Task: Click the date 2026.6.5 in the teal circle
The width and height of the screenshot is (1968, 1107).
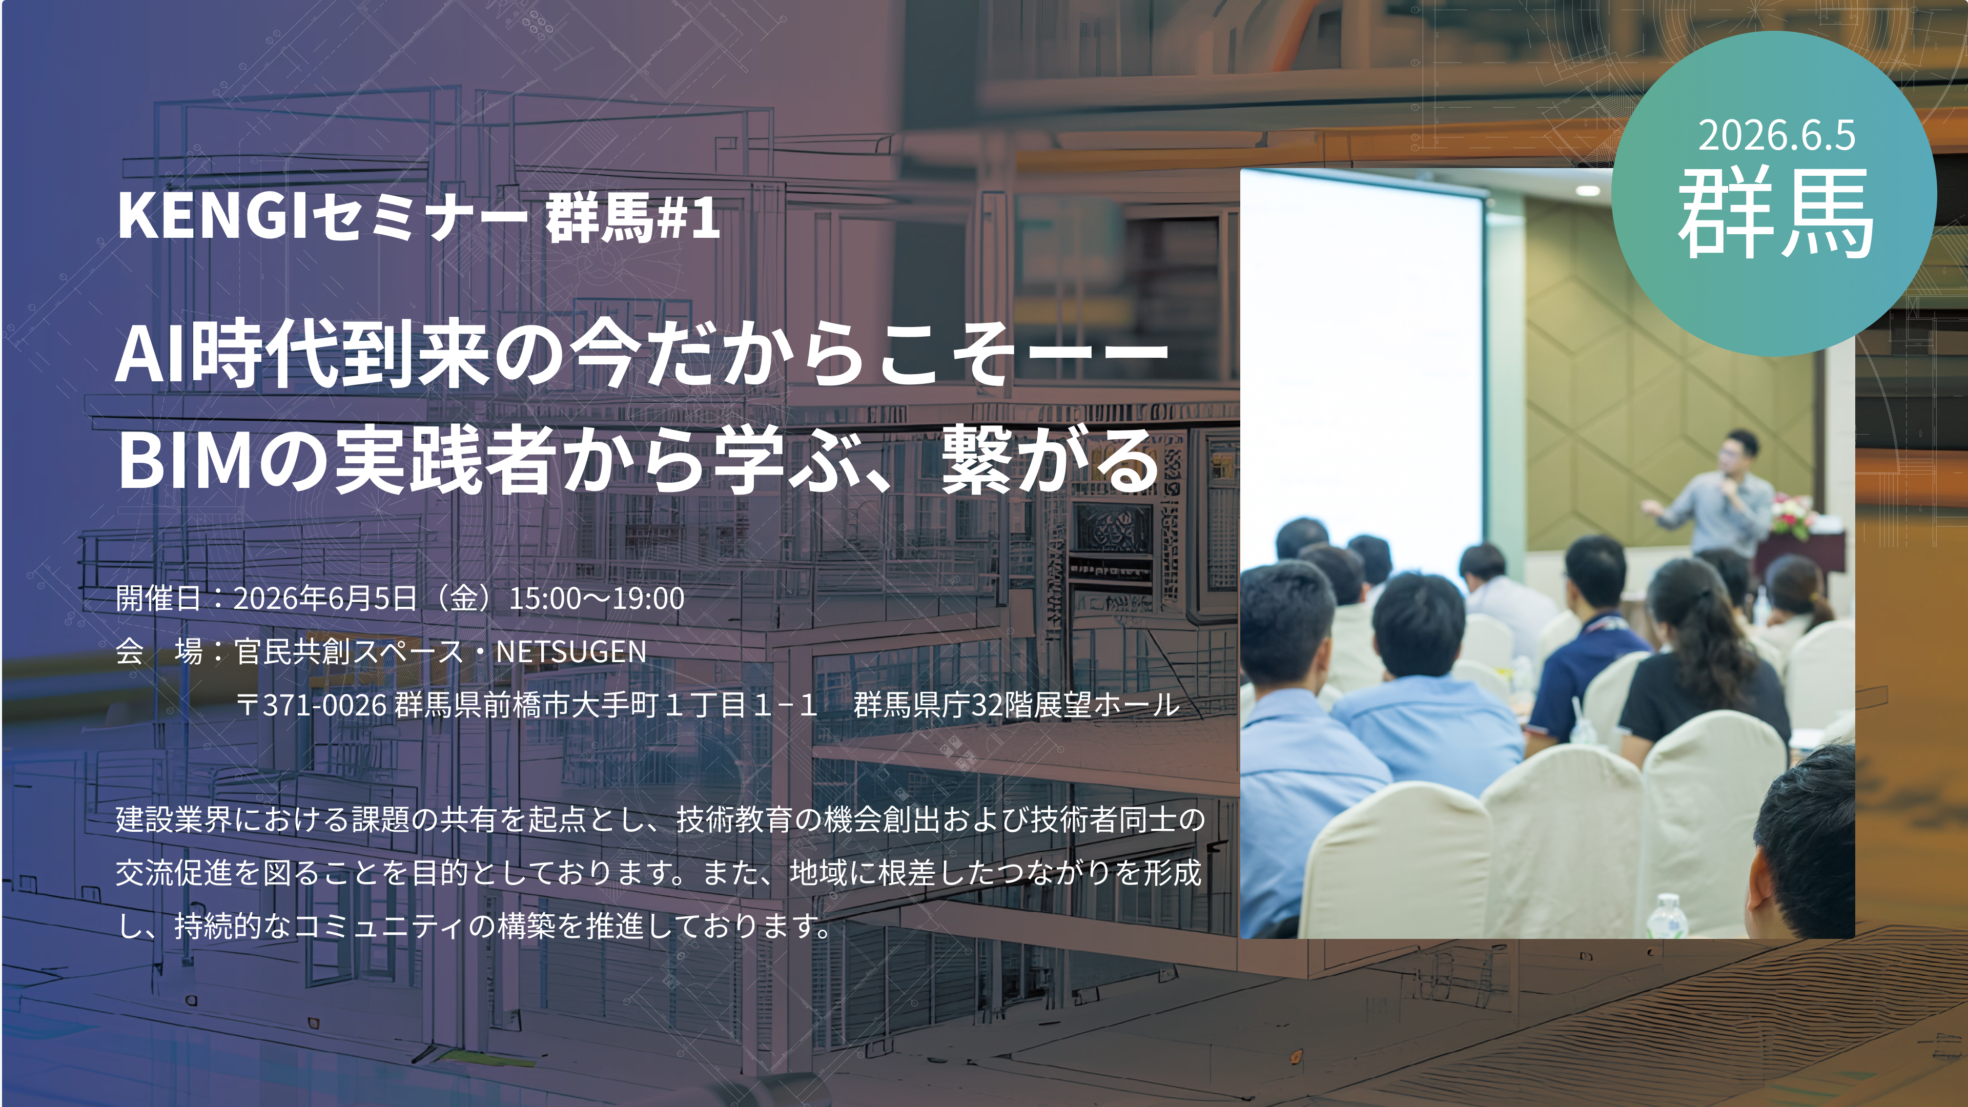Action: point(1776,135)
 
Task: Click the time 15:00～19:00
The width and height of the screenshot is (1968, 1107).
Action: point(597,598)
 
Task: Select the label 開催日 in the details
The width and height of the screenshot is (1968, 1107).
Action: point(159,598)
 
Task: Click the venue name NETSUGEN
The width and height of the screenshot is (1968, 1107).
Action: point(571,652)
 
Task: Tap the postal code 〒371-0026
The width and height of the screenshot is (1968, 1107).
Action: point(312,704)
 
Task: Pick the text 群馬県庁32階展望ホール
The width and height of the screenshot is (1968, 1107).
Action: point(1017,704)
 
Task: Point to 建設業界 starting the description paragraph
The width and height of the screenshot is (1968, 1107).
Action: point(174,819)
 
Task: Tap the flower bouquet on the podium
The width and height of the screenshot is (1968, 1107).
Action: point(1794,514)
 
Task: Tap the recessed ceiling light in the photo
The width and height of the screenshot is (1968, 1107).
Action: point(1588,190)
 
